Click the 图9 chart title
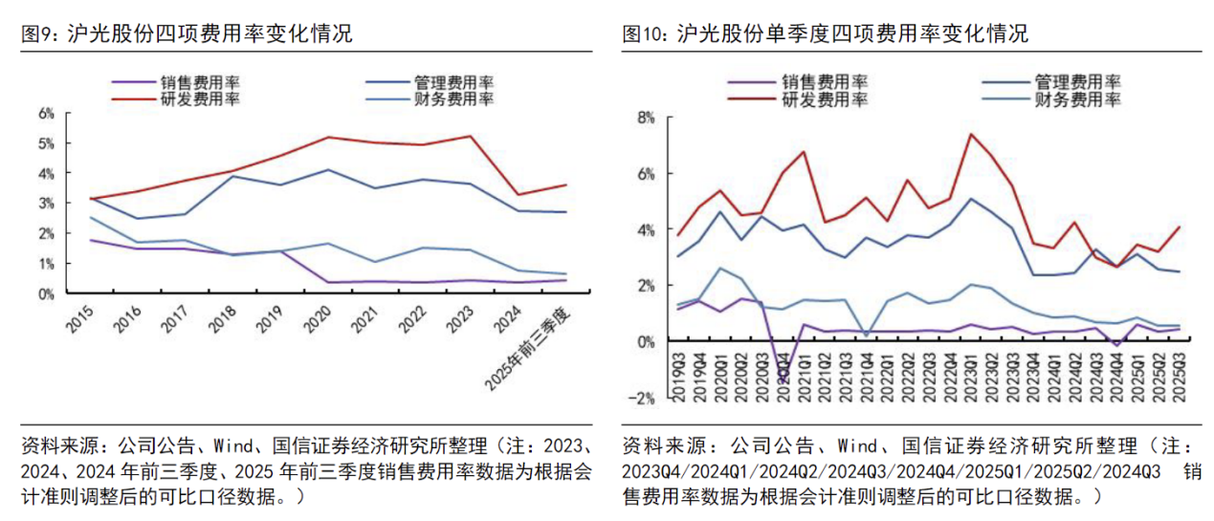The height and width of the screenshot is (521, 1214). [x=187, y=35]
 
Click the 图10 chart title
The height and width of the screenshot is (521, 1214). [x=825, y=35]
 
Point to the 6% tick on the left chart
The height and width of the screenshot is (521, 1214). [x=46, y=114]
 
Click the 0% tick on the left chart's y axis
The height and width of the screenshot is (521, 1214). [x=46, y=293]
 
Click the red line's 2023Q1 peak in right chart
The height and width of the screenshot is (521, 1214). [x=971, y=134]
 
